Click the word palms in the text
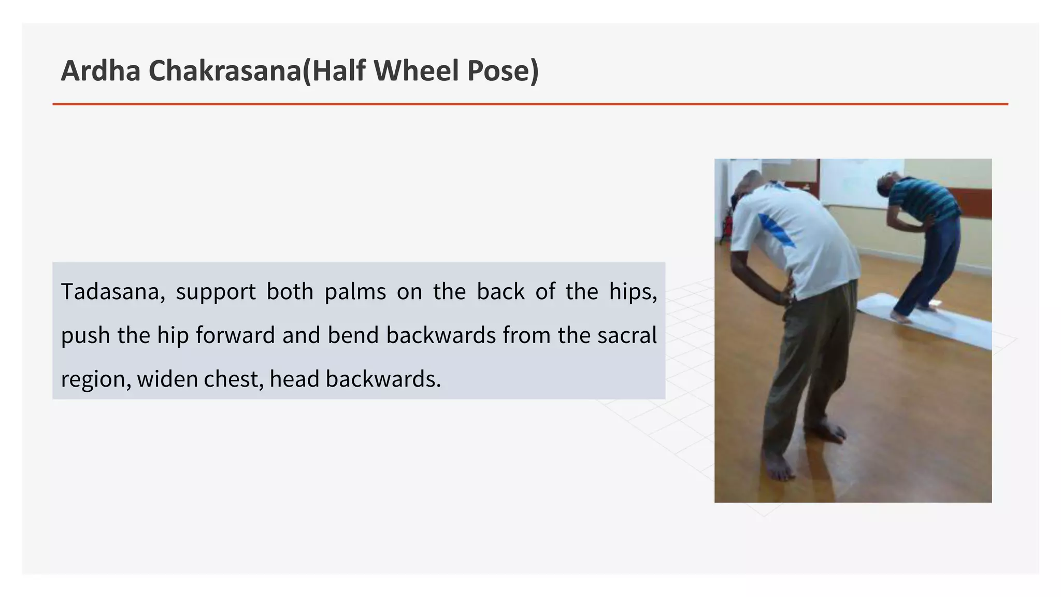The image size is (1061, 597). pyautogui.click(x=355, y=292)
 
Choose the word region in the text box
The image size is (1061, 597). pyautogui.click(x=96, y=379)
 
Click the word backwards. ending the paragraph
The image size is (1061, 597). pyautogui.click(x=383, y=379)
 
